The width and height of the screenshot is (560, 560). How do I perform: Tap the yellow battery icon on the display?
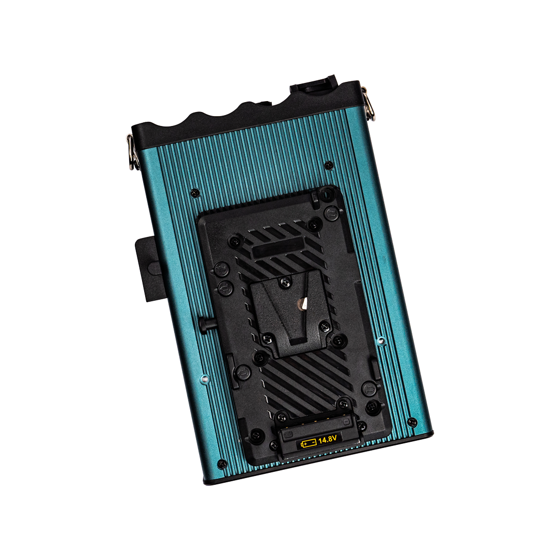tap(309, 443)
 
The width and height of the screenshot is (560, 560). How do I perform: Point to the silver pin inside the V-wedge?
tap(303, 304)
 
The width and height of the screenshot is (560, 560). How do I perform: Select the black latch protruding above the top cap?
tap(314, 85)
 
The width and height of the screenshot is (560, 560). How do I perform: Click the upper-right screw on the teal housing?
tap(328, 165)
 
